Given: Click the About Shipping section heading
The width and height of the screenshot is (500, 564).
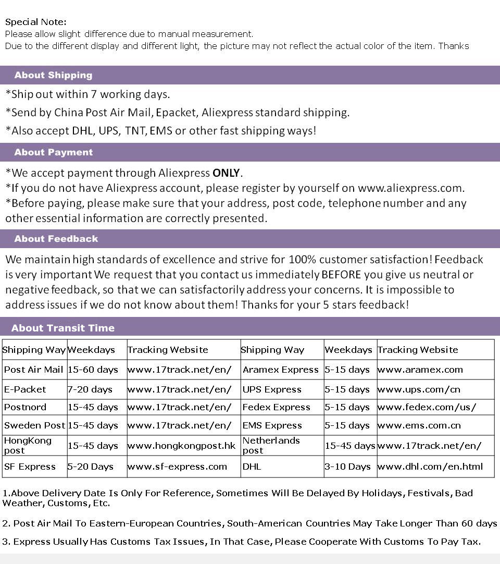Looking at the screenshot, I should (53, 75).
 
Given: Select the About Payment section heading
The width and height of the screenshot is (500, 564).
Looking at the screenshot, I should (54, 152).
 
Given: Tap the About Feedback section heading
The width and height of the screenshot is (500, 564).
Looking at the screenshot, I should (56, 239).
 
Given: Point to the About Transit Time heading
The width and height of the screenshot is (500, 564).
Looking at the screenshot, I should (63, 328).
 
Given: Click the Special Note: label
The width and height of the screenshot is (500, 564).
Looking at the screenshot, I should (35, 22).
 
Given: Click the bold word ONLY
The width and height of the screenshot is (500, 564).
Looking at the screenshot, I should (227, 173).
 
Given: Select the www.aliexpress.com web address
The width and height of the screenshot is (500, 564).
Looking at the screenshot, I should (411, 188).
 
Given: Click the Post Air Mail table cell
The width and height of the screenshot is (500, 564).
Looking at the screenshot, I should (33, 370).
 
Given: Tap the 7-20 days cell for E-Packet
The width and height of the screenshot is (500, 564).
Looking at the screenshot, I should (90, 389).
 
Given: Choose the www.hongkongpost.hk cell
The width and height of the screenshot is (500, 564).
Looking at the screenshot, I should (181, 446).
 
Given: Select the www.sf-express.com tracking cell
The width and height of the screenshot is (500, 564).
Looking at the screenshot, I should (177, 467).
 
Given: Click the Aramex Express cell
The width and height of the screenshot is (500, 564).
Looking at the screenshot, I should (280, 370).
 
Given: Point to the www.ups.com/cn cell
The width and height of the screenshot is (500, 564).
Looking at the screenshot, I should (419, 389).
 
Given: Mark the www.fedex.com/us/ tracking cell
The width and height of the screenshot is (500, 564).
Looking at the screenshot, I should (427, 407).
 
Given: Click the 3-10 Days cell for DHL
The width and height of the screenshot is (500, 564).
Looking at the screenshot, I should (347, 467).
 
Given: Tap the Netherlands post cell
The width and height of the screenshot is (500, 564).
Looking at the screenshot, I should (271, 446).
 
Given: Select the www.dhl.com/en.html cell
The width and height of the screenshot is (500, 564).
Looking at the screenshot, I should (430, 467).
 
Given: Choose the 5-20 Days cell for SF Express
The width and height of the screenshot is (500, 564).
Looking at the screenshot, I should (90, 467).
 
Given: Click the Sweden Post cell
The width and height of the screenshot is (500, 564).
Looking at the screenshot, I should (34, 425).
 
